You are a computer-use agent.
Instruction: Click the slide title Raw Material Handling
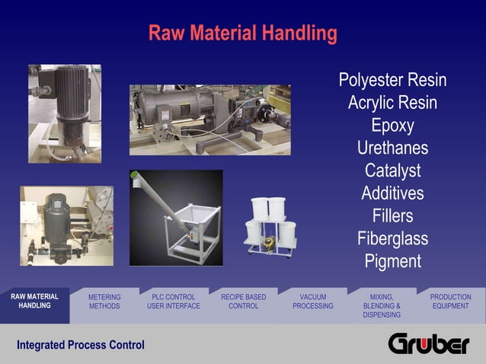242,34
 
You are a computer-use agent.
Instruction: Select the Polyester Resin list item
392,80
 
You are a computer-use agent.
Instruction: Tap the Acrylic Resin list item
392,103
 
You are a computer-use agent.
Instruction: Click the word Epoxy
392,125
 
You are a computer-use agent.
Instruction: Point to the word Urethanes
392,148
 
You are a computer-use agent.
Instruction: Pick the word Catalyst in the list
392,171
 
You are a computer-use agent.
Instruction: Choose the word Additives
392,193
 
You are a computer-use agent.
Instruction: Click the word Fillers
392,216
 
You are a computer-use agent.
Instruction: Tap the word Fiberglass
392,238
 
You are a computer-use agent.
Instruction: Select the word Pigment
392,261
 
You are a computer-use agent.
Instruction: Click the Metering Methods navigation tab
104,302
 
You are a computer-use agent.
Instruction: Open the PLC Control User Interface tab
174,302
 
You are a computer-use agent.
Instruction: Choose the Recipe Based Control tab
243,302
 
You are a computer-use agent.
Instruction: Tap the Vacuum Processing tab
312,302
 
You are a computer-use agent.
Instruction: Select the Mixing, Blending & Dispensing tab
382,305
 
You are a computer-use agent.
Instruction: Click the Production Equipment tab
450,302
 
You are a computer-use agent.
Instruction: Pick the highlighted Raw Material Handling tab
34,301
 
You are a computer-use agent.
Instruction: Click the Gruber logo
429,344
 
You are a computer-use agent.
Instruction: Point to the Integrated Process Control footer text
81,345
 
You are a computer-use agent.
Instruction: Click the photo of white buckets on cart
270,226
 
